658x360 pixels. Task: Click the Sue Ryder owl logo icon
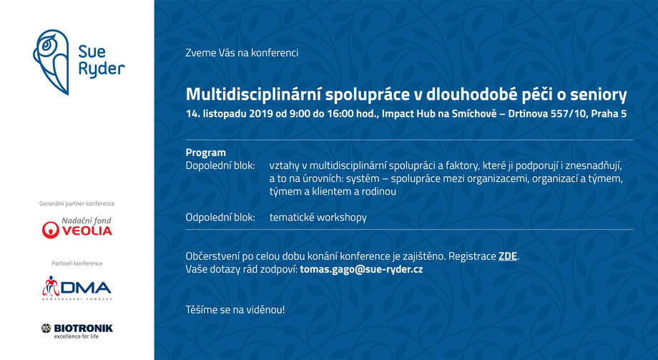click(x=51, y=62)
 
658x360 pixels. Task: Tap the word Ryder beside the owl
click(x=102, y=69)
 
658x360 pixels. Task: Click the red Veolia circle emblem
click(x=50, y=230)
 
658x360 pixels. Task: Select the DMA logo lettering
click(x=86, y=288)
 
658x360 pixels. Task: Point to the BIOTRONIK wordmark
click(x=83, y=328)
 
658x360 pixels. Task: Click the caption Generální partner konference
click(x=77, y=204)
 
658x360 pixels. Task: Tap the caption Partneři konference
click(x=77, y=263)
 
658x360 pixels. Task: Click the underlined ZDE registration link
click(x=507, y=256)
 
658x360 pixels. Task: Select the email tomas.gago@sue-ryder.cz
click(x=361, y=269)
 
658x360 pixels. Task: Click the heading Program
click(x=206, y=152)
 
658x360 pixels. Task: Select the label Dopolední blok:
click(x=220, y=166)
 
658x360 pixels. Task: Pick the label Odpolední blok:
click(x=220, y=218)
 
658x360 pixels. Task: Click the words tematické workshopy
click(x=318, y=218)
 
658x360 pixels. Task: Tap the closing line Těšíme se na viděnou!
click(x=235, y=310)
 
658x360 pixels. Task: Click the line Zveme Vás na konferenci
click(x=242, y=53)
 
